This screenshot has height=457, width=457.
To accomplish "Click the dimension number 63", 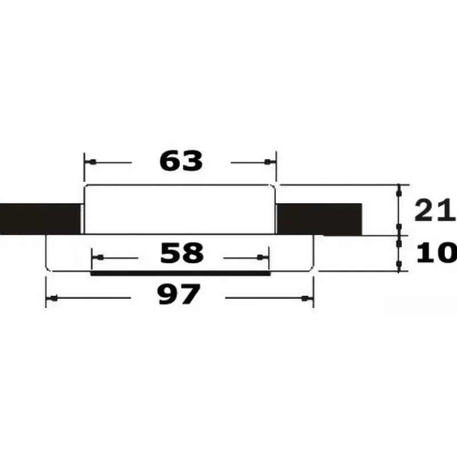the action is (x=181, y=161).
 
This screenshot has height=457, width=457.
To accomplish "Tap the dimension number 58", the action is (x=182, y=253).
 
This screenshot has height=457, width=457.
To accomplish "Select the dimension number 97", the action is (x=179, y=295).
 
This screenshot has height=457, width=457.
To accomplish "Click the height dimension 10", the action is (x=436, y=252).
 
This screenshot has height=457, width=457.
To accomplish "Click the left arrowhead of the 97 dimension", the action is (x=53, y=298).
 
